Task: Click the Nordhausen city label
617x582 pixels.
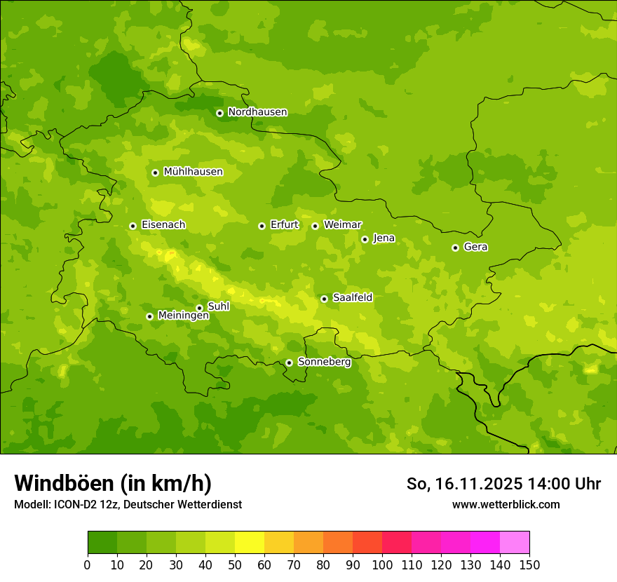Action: click(x=257, y=112)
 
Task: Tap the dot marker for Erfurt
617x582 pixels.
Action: click(x=262, y=226)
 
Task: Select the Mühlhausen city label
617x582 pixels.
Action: click(x=193, y=172)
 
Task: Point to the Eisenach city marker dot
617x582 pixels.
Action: click(x=133, y=226)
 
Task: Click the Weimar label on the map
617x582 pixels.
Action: click(x=342, y=225)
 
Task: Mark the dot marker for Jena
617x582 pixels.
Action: click(x=365, y=239)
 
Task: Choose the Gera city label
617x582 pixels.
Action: click(x=475, y=247)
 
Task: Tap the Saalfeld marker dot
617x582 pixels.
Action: click(x=324, y=299)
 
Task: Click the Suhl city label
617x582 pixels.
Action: click(x=218, y=306)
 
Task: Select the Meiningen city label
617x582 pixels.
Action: click(x=183, y=316)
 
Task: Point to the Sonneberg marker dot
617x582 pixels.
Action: click(x=289, y=363)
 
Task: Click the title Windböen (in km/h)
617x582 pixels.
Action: click(x=113, y=483)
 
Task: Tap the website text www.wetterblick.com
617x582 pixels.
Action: click(x=506, y=504)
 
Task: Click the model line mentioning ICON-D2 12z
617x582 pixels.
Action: click(x=128, y=504)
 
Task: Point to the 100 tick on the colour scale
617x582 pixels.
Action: click(x=382, y=564)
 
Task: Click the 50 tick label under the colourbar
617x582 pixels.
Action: click(x=235, y=564)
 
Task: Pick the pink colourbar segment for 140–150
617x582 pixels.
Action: click(x=515, y=543)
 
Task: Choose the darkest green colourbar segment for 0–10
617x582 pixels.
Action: click(x=102, y=543)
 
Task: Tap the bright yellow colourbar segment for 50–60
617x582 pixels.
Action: click(x=250, y=543)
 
